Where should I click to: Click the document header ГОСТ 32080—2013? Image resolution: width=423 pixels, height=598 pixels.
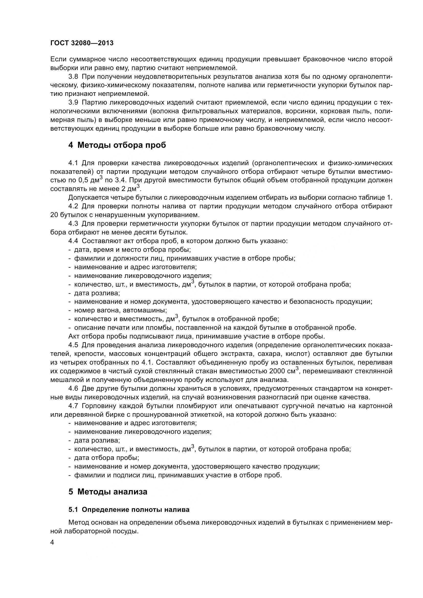[82, 43]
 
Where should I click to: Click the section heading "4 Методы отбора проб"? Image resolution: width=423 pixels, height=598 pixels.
[117, 145]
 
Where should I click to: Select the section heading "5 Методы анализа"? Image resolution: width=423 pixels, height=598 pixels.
[108, 491]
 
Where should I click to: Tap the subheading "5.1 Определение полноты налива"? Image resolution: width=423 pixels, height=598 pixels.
[129, 510]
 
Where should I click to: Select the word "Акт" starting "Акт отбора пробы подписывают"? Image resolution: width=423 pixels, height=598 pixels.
[74, 336]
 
